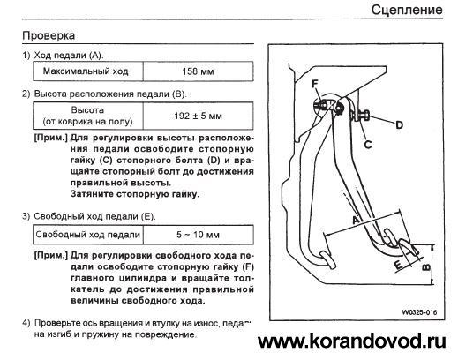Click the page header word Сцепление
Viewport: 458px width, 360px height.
pos(407,10)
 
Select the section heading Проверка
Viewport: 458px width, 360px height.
pos(49,35)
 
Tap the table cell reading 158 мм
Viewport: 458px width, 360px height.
pos(198,71)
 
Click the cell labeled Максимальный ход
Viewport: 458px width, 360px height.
pos(88,71)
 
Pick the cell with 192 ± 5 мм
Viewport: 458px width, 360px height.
pos(198,116)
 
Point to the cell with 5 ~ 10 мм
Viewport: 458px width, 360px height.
pos(198,235)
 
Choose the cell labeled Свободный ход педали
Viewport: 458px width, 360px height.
pos(88,235)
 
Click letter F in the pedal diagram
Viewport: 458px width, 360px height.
pos(315,84)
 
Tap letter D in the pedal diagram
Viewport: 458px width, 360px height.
pos(399,125)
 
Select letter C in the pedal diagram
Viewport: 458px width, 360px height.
pos(368,145)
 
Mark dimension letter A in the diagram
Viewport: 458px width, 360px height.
pos(356,220)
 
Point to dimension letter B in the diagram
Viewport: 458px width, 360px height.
pos(426,267)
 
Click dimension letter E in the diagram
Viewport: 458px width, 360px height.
pos(398,265)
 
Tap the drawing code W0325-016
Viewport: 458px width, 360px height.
pos(419,312)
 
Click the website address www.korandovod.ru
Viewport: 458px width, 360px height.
pos(352,341)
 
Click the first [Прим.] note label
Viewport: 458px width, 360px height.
pos(51,138)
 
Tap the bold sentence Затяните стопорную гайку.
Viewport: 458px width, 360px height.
pos(135,194)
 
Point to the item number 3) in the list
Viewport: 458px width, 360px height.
pos(26,216)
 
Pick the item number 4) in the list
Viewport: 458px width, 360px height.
pos(26,323)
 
